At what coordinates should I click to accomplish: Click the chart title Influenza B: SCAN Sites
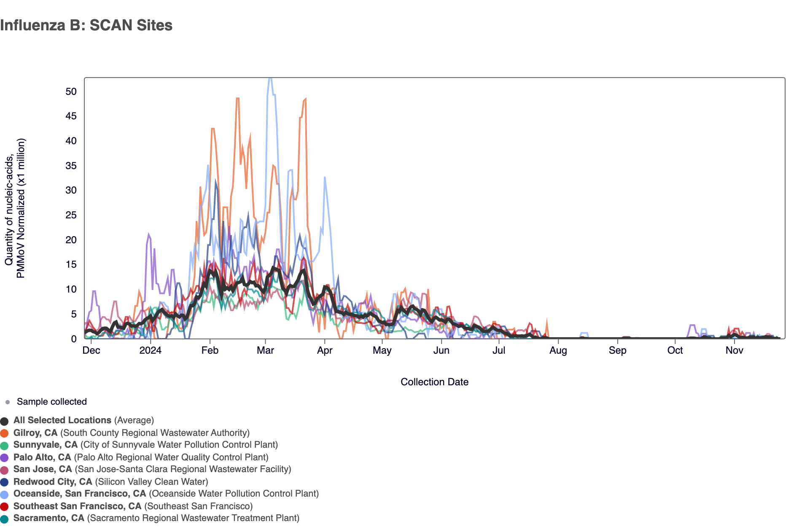tap(86, 25)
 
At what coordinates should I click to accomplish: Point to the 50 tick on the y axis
tap(71, 91)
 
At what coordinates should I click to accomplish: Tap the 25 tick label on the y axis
tap(71, 215)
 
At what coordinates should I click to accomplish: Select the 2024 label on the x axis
tap(150, 350)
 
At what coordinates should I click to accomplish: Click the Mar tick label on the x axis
tap(265, 350)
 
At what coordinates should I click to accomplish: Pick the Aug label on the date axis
tap(558, 350)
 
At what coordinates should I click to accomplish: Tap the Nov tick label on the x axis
tap(734, 350)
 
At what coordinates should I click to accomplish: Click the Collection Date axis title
tap(434, 382)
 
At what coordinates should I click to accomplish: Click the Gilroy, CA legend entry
tap(35, 433)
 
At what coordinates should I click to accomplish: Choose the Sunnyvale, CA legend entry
tap(46, 445)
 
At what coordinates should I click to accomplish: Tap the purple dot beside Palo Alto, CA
tap(5, 458)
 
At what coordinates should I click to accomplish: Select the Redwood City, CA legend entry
tap(53, 482)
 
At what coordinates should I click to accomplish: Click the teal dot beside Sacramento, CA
tap(5, 519)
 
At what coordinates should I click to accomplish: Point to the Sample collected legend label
tap(51, 402)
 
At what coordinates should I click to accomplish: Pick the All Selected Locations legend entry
tap(62, 420)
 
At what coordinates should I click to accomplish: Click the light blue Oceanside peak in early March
tap(270, 79)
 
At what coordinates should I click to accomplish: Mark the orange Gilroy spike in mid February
tap(237, 98)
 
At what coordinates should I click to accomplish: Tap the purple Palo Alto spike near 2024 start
tap(148, 234)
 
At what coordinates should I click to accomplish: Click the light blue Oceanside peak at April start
tap(324, 177)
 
